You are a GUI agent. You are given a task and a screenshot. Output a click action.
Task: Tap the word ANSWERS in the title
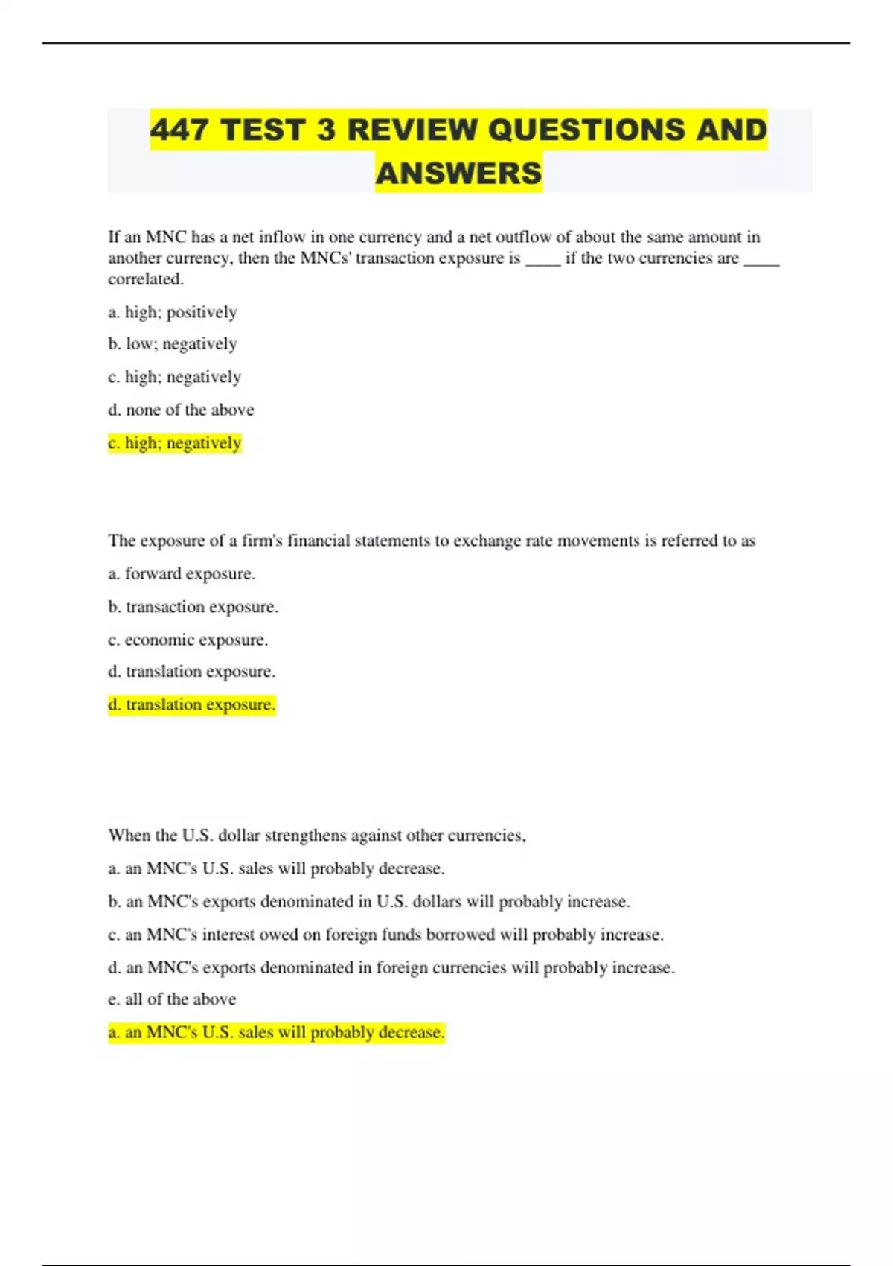coord(458,174)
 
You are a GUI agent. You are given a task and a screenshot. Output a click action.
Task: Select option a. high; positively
coord(173,312)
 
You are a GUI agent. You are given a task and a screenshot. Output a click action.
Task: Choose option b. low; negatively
coord(173,344)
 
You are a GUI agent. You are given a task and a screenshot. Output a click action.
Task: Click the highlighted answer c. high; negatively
coord(175,443)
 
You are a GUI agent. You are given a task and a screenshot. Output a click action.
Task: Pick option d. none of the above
coord(181,410)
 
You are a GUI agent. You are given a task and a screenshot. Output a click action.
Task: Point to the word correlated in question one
coord(145,279)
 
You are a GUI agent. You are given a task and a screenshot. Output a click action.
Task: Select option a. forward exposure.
coord(182,573)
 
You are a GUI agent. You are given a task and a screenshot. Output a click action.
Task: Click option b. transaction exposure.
coord(193,607)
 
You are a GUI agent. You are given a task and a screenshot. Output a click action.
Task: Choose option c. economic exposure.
coord(188,640)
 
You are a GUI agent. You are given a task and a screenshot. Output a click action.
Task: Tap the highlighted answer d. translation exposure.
coord(192,704)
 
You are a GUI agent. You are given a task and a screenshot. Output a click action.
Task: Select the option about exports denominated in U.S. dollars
coord(369,902)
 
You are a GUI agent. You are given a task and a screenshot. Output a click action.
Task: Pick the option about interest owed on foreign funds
coord(385,935)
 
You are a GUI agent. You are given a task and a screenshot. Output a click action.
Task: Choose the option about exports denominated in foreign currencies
coord(391,968)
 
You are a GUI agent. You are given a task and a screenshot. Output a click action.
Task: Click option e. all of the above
coord(172,999)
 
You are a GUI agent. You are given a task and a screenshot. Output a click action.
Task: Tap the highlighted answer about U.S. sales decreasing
coord(276,1033)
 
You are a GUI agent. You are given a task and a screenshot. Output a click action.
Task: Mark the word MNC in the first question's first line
coord(165,238)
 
